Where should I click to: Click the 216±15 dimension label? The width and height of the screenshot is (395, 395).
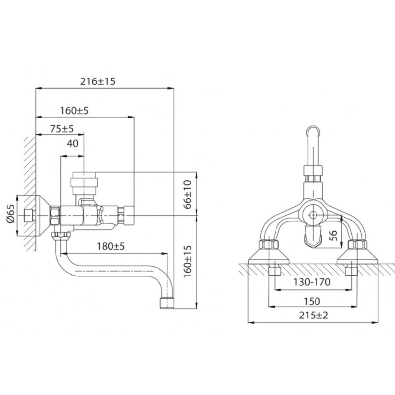98,81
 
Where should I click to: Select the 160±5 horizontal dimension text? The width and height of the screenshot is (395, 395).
75,110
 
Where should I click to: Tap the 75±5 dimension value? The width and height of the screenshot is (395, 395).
62,129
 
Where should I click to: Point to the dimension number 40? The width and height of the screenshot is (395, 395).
72,143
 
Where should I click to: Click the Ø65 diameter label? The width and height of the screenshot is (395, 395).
11,214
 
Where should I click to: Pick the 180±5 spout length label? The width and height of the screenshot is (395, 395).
111,246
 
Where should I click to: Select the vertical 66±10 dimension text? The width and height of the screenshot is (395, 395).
187,195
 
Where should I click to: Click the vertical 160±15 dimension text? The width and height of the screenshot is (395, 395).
187,262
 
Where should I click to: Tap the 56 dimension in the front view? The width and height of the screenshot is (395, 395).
333,236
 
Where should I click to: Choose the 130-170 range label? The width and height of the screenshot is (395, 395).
312,282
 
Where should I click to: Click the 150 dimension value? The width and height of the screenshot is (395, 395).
312,301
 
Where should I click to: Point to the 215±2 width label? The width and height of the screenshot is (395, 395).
314,315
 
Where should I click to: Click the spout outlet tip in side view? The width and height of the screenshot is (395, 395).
167,303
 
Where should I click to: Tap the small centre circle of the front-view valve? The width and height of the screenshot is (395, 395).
313,215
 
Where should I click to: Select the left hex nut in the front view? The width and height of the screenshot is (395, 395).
269,245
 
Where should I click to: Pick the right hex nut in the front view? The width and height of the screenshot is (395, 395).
357,245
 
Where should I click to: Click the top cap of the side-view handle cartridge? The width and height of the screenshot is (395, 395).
84,175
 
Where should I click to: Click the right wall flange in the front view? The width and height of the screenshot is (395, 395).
357,256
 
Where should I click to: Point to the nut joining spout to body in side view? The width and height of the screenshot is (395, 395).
61,237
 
